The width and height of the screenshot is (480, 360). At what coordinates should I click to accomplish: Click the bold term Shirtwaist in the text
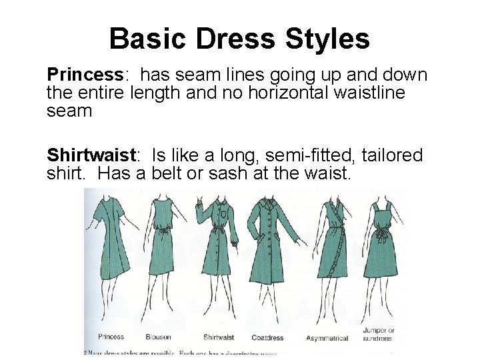tap(91, 155)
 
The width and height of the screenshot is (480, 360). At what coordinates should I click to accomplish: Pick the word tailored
tap(392, 155)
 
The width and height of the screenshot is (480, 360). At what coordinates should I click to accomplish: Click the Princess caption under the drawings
tap(111, 337)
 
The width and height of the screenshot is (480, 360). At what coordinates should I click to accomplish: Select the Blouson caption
tap(161, 337)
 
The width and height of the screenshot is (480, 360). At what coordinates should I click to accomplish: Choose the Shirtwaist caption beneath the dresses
tap(219, 337)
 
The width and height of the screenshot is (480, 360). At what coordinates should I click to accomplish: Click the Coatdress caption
tap(268, 337)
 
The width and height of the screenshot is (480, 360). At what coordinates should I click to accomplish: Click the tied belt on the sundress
tap(381, 237)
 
